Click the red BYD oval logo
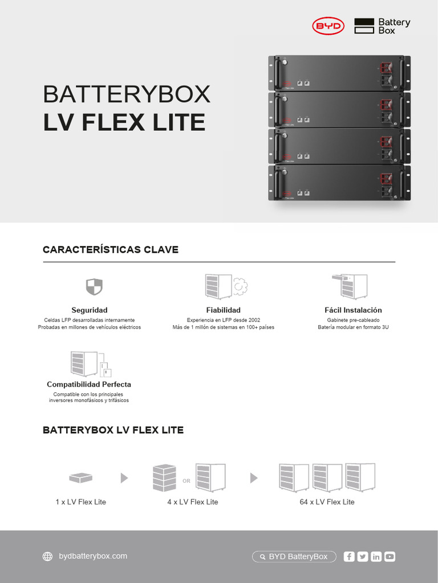pyautogui.click(x=328, y=26)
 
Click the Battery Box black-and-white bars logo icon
pyautogui.click(x=364, y=26)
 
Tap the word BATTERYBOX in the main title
pyautogui.click(x=127, y=94)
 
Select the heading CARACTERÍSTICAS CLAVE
pyautogui.click(x=111, y=249)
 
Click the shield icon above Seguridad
pyautogui.click(x=94, y=286)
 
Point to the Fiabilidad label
pyautogui.click(x=223, y=310)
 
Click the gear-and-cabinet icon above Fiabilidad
pyautogui.click(x=226, y=286)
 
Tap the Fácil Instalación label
pyautogui.click(x=353, y=310)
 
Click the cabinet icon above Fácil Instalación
pyautogui.click(x=350, y=286)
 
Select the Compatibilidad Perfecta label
pyautogui.click(x=89, y=384)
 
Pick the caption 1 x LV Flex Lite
pyautogui.click(x=81, y=502)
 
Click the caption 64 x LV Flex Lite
pyautogui.click(x=327, y=502)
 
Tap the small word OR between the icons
pyautogui.click(x=186, y=481)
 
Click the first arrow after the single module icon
pyautogui.click(x=124, y=478)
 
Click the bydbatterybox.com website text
pyautogui.click(x=93, y=556)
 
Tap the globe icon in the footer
pyautogui.click(x=48, y=557)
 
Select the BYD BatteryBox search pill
pyautogui.click(x=294, y=557)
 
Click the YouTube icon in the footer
pyautogui.click(x=390, y=557)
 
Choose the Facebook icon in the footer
pyautogui.click(x=349, y=557)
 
